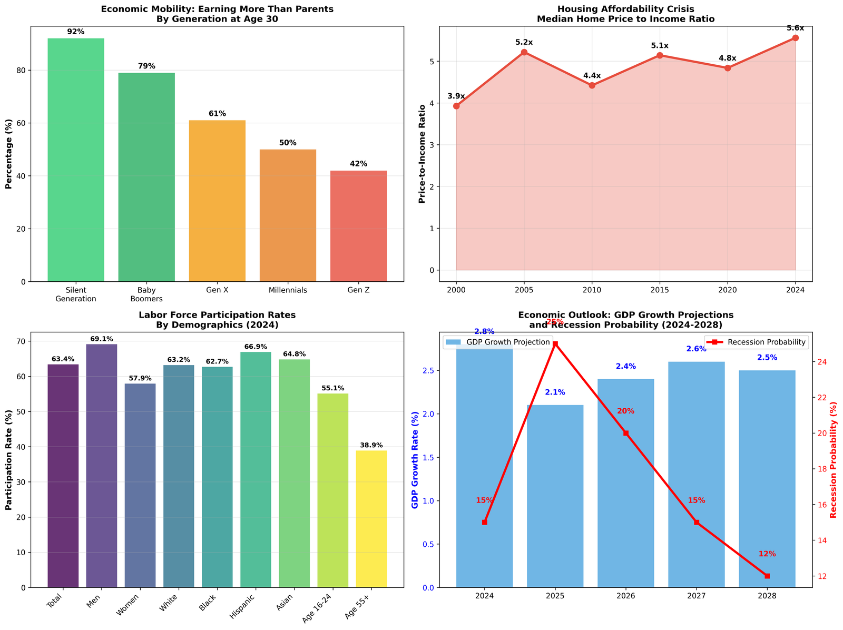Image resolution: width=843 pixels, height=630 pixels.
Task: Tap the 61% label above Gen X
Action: pyautogui.click(x=217, y=114)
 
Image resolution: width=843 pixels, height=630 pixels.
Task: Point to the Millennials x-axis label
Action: pyautogui.click(x=288, y=290)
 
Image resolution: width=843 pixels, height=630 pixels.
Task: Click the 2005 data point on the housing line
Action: pyautogui.click(x=524, y=52)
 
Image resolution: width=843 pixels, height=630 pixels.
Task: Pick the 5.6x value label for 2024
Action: pyautogui.click(x=795, y=28)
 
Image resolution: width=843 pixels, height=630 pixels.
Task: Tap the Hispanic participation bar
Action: pyautogui.click(x=256, y=469)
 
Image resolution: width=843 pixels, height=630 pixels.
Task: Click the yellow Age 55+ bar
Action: pyautogui.click(x=371, y=518)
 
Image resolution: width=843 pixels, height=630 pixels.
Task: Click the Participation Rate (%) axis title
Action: pyautogui.click(x=9, y=459)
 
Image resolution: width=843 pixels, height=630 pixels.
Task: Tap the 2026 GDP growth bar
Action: pyautogui.click(x=625, y=483)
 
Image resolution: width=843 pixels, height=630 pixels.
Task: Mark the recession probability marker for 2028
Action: pyautogui.click(x=767, y=576)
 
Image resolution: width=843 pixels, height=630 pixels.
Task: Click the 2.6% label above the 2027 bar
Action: pyautogui.click(x=697, y=349)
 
